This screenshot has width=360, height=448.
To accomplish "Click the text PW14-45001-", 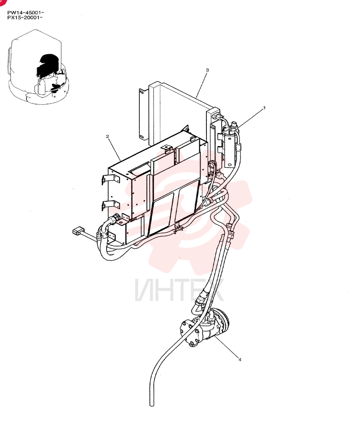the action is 26,13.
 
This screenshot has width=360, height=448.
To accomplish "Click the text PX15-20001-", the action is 25,17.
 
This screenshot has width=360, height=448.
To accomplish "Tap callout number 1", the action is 264,108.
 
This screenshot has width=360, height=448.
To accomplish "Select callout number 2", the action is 107,136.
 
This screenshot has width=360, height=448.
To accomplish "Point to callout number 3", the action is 207,70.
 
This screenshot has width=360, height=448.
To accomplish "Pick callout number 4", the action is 240,359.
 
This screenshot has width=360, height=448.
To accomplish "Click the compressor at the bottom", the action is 204,327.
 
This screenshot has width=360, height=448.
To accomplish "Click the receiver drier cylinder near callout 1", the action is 231,145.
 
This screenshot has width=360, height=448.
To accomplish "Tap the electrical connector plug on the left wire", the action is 77,230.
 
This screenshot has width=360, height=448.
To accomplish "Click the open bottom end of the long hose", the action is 152,404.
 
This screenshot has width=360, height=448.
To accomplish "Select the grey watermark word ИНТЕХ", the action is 179,290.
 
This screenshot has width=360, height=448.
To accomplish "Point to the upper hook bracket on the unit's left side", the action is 110,180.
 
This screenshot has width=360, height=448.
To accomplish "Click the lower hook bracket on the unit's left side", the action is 110,205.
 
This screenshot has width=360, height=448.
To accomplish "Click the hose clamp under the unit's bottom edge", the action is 179,228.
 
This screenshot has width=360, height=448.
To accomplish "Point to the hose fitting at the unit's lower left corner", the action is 115,220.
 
